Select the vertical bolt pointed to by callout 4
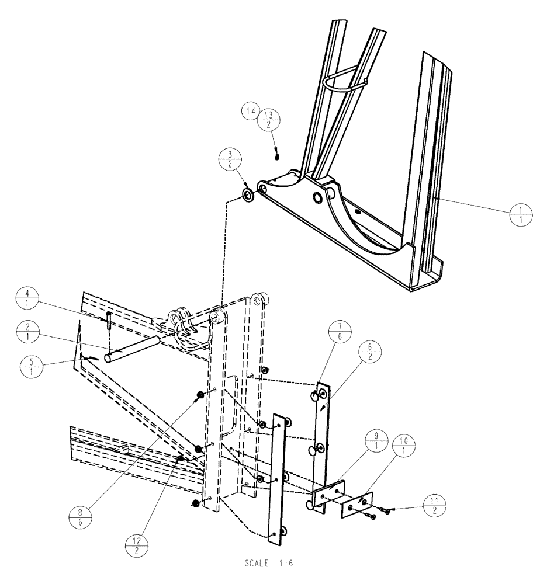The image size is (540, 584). [x=109, y=321]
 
